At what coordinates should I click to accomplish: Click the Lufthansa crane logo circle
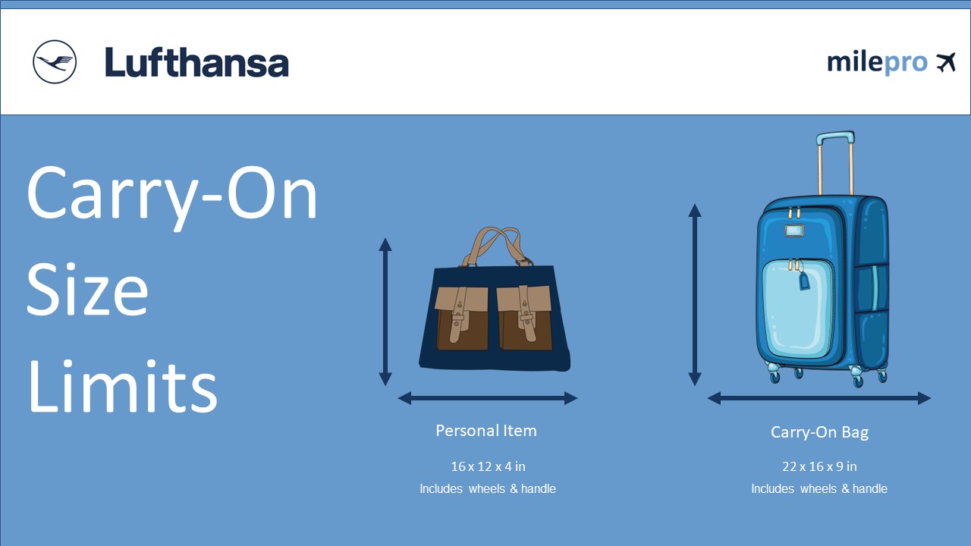[55, 61]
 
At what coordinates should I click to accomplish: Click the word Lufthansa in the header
[196, 63]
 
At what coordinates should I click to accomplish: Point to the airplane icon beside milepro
[945, 62]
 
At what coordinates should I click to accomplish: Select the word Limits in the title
[122, 388]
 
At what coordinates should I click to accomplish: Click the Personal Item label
[486, 431]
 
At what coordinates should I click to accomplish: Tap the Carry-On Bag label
[819, 432]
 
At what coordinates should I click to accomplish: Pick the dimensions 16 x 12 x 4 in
[488, 466]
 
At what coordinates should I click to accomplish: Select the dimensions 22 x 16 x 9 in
[819, 466]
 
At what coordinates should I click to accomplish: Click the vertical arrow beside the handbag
[385, 312]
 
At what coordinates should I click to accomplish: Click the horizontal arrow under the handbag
[488, 398]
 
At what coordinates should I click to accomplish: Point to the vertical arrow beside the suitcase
[694, 295]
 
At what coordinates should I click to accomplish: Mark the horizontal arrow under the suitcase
[819, 398]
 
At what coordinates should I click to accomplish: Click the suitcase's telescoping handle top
[835, 138]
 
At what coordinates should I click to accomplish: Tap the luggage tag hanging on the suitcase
[805, 281]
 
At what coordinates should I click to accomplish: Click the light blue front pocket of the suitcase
[796, 311]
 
